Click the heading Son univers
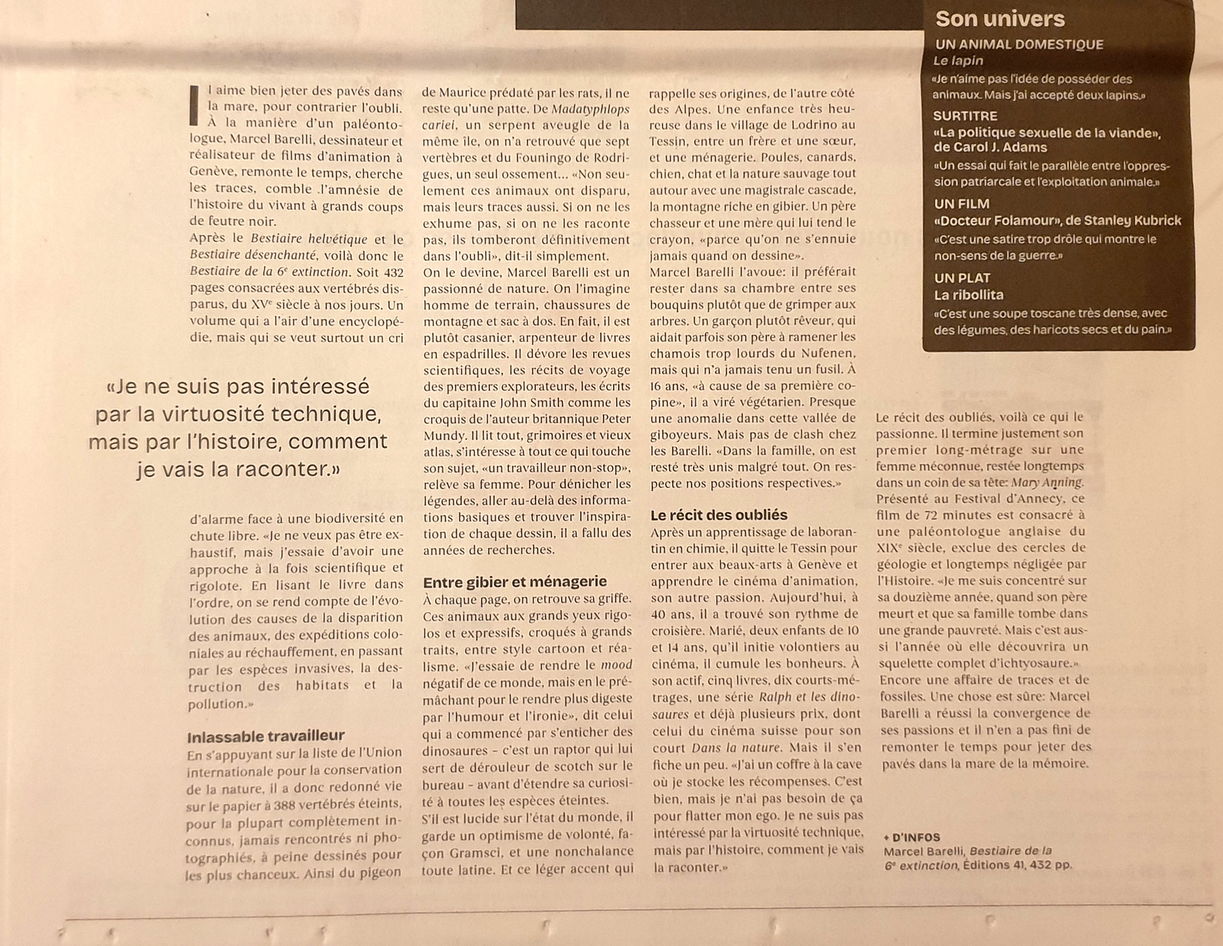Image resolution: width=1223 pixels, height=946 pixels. [1000, 19]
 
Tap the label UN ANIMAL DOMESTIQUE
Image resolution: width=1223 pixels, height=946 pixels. [1018, 45]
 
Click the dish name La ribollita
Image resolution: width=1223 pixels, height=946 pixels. [968, 295]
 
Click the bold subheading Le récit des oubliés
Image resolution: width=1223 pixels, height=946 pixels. [719, 515]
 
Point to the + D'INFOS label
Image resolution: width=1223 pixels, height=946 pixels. [912, 837]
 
